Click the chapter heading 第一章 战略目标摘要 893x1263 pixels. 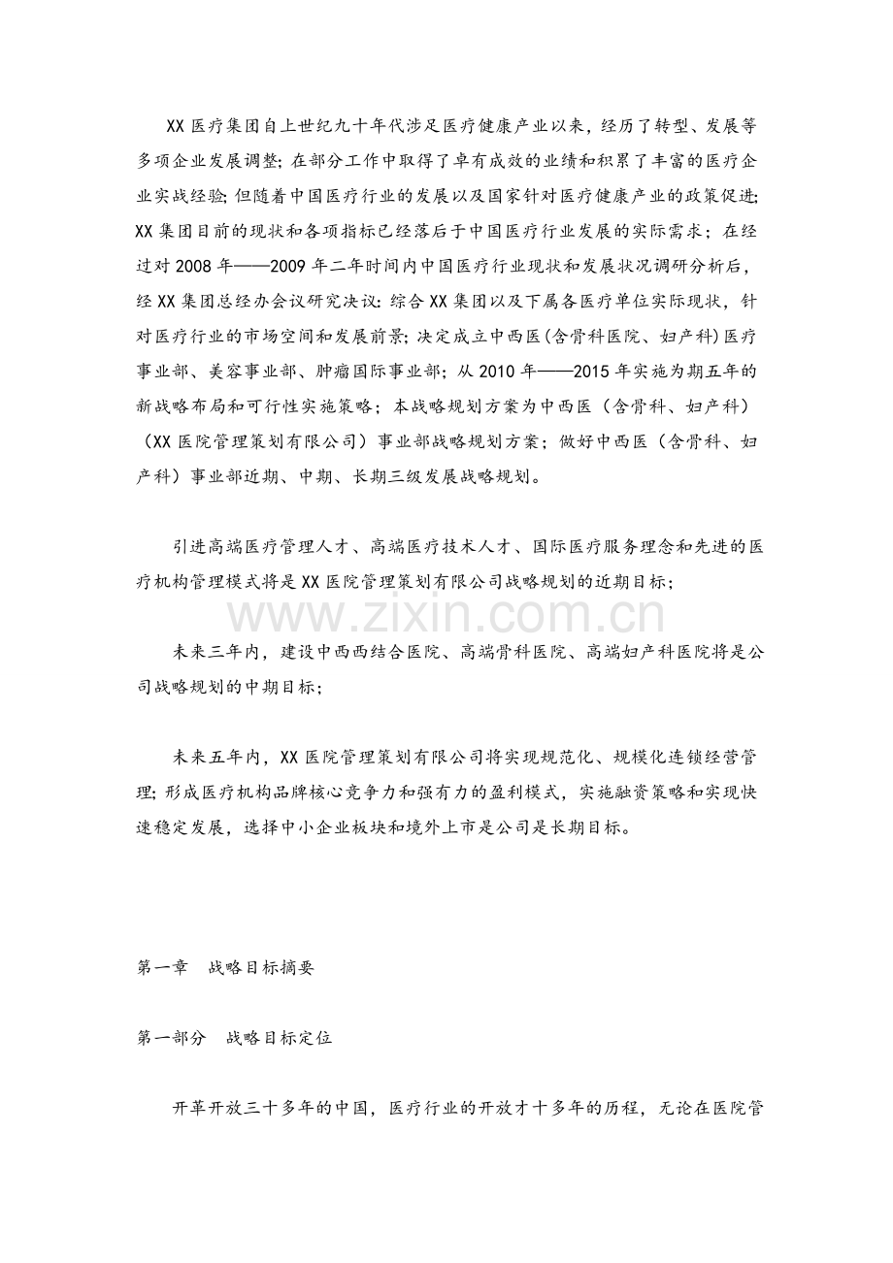(225, 967)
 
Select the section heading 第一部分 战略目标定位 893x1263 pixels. (234, 1037)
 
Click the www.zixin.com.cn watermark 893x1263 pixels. (446, 615)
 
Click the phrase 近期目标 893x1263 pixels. (617, 582)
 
